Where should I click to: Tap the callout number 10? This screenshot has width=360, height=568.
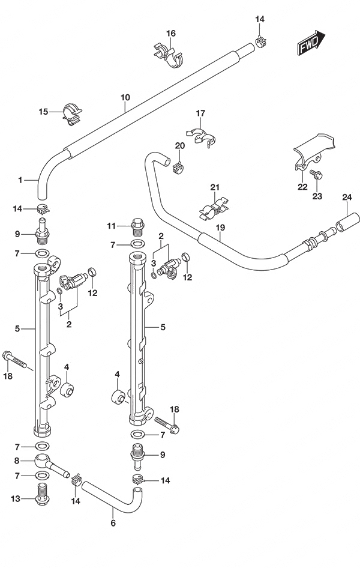(x=125, y=97)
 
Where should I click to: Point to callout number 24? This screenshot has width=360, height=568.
(x=347, y=198)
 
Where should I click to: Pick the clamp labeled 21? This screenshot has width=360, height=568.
(x=214, y=209)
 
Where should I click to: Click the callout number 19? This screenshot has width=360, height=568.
(x=220, y=228)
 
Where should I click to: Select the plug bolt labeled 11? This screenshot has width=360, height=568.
(x=137, y=227)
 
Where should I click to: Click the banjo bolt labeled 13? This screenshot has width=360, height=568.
(x=43, y=495)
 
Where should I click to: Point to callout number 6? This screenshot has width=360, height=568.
(x=113, y=523)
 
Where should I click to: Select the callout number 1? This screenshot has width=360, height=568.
(x=20, y=180)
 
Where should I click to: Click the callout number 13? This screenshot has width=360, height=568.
(x=16, y=499)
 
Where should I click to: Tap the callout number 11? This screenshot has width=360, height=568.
(x=112, y=226)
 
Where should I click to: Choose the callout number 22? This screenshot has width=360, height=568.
(x=302, y=187)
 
